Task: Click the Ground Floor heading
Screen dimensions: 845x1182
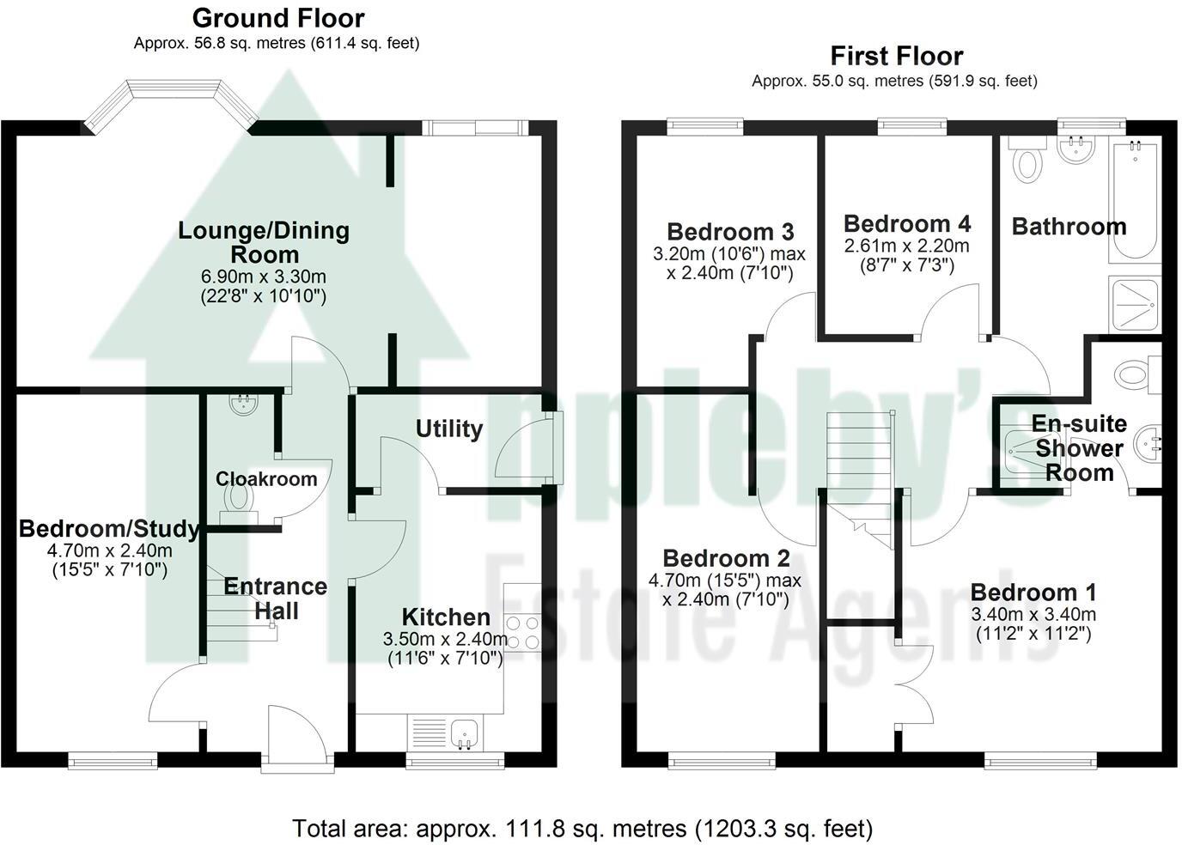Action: [x=277, y=18]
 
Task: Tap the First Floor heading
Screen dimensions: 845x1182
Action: [x=896, y=56]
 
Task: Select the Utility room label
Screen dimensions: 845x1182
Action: [x=448, y=429]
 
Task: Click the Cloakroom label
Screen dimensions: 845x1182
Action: [x=265, y=479]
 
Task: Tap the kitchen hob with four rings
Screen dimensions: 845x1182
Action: [x=522, y=632]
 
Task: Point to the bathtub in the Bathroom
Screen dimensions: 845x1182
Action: [x=1135, y=203]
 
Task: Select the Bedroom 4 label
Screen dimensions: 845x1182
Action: [x=907, y=224]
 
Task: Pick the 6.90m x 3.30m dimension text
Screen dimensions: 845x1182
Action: [x=264, y=277]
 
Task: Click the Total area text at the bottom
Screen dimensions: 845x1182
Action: [x=582, y=829]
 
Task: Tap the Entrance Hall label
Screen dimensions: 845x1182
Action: [x=276, y=599]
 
